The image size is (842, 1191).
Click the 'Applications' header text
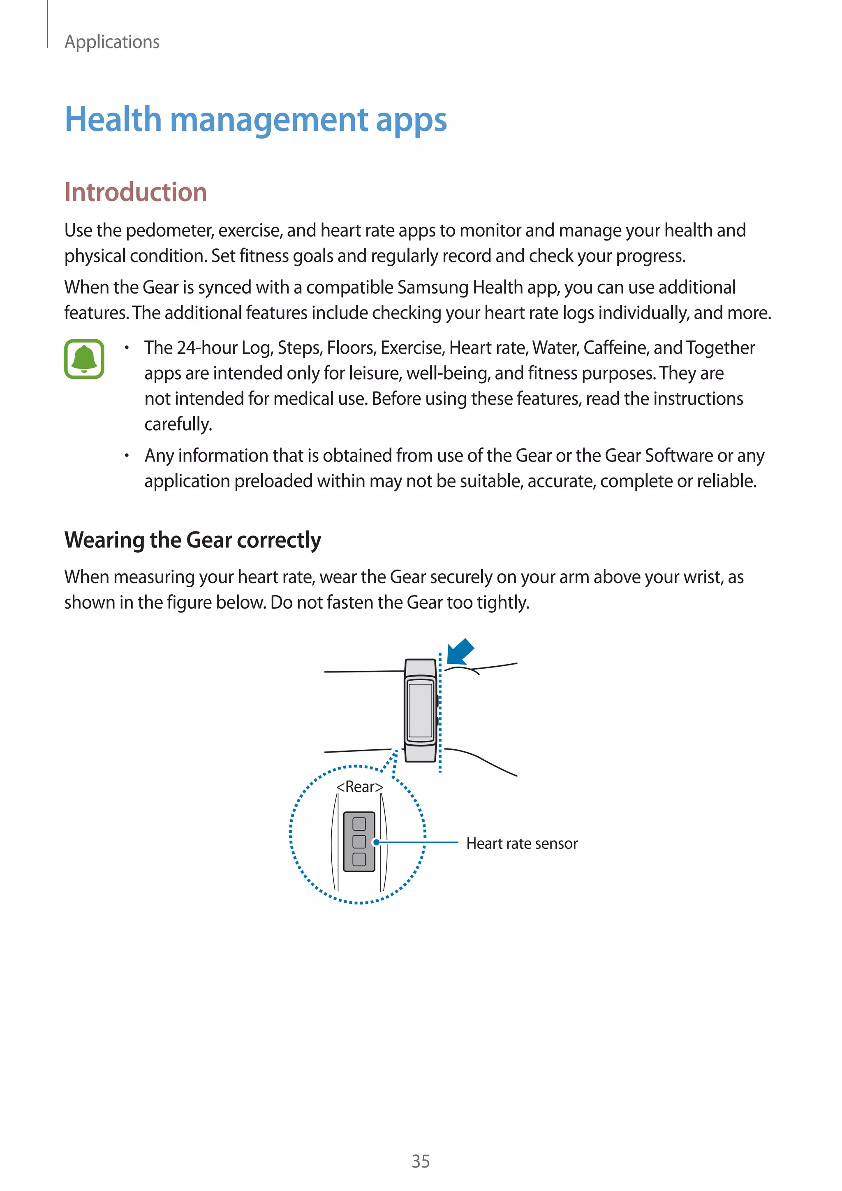click(x=111, y=42)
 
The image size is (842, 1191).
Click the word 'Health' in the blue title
click(x=113, y=119)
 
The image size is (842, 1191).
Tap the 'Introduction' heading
click(x=135, y=192)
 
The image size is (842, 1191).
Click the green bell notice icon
click(x=84, y=359)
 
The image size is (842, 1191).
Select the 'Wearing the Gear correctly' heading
click(x=192, y=540)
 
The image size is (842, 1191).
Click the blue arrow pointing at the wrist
click(x=460, y=651)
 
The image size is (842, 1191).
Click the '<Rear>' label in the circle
click(x=359, y=787)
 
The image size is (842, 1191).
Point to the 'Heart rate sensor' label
click(x=522, y=843)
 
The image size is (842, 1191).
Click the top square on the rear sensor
click(x=359, y=824)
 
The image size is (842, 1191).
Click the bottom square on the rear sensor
click(x=359, y=859)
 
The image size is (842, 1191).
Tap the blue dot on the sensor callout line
click(x=377, y=842)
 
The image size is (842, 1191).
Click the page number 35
click(x=421, y=1161)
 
